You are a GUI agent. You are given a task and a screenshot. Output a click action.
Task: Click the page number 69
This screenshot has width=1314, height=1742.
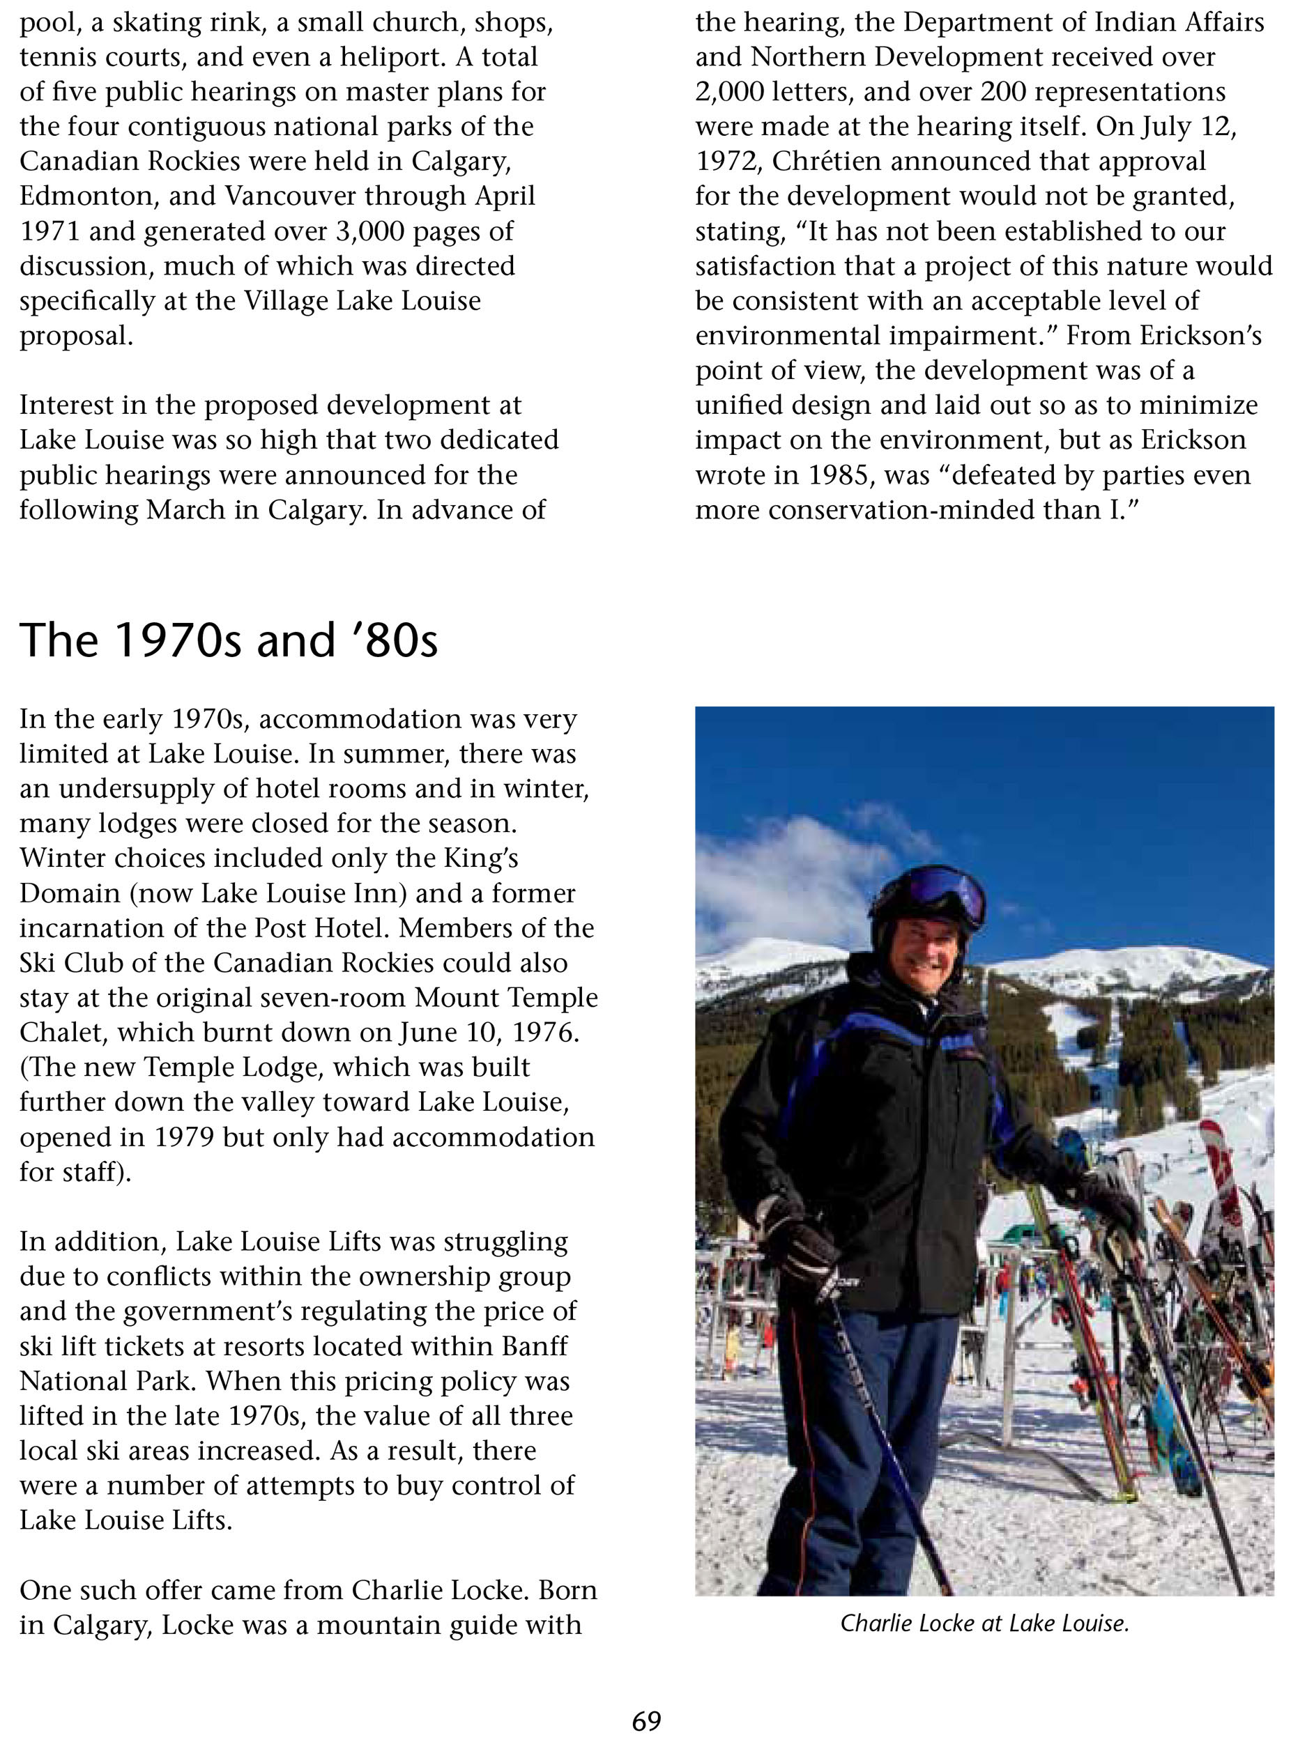point(646,1720)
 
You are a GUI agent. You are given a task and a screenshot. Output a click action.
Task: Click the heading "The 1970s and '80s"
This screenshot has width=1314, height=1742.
point(229,640)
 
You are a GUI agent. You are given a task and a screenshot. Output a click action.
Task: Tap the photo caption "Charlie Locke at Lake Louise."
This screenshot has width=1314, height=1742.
point(984,1622)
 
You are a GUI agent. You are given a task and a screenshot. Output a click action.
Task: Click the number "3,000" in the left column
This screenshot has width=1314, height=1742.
point(364,231)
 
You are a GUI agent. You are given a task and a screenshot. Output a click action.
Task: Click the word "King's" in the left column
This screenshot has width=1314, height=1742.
point(480,858)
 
